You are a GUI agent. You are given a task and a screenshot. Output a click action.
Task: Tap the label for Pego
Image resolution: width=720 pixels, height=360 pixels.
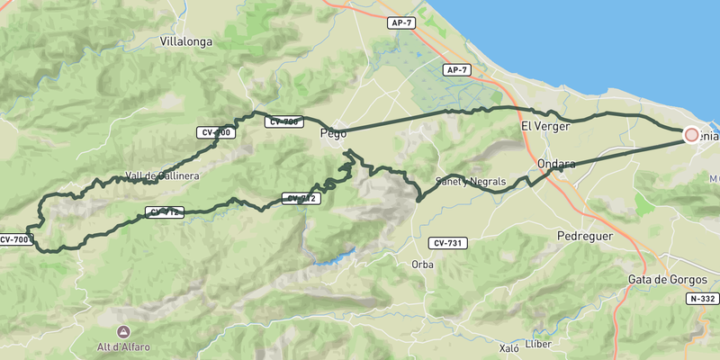coord(333,134)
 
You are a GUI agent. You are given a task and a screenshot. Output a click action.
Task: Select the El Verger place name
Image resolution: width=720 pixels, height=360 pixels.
coord(546,127)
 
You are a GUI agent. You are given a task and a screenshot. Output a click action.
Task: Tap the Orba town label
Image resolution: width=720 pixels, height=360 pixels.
coord(422,265)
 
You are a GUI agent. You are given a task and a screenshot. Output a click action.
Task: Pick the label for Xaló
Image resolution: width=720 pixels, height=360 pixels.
coord(509,346)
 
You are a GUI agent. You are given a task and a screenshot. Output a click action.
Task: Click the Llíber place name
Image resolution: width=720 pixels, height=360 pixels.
coord(537,344)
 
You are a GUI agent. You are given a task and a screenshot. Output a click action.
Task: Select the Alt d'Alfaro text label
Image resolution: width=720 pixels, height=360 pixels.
coord(123,346)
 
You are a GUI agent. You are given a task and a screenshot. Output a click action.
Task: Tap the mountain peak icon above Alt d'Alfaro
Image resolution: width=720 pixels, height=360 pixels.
coord(123,332)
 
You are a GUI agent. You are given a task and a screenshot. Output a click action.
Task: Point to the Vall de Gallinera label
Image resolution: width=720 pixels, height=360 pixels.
coord(163,176)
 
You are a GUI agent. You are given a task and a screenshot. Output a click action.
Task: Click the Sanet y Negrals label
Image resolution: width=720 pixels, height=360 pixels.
coord(471,182)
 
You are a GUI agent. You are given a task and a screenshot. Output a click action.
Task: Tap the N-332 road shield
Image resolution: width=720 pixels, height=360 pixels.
coord(701,298)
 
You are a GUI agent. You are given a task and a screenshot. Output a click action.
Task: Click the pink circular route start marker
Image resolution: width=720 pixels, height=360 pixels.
coord(691,135)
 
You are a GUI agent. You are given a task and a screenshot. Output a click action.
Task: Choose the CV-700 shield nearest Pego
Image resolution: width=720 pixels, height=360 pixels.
coord(283,121)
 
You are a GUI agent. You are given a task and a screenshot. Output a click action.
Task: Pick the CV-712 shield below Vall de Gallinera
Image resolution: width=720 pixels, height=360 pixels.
coord(163,213)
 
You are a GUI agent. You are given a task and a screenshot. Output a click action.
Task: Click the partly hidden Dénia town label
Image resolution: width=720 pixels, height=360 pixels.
coord(709,136)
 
